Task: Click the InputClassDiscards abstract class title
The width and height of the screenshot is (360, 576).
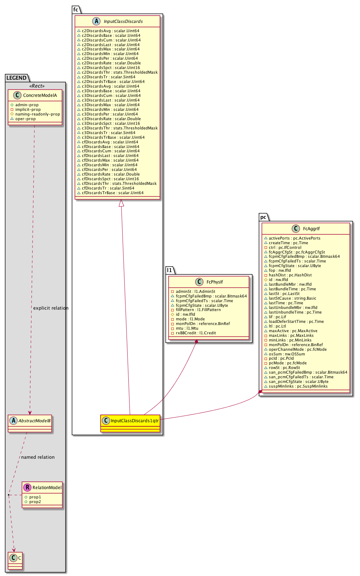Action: (x=123, y=21)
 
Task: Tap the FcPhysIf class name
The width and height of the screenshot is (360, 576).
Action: (x=214, y=282)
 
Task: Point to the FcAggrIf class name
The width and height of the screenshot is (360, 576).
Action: (x=311, y=229)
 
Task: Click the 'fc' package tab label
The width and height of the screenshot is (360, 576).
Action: (x=76, y=10)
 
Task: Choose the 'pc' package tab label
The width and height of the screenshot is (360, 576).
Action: (x=263, y=217)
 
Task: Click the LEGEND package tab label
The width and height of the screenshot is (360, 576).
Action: (x=16, y=78)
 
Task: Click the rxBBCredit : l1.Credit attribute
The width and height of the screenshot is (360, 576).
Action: (x=196, y=333)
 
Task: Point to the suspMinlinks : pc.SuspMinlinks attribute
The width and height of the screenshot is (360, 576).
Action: (x=298, y=386)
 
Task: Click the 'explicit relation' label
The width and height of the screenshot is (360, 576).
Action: (x=51, y=308)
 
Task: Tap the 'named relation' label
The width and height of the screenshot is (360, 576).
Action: (x=38, y=457)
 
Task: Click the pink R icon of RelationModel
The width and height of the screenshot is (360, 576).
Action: (x=27, y=487)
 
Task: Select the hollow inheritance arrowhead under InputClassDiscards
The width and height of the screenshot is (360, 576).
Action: (x=122, y=203)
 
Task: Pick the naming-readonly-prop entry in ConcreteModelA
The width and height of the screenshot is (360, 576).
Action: (x=38, y=114)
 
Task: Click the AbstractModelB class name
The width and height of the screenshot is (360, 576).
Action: (x=35, y=421)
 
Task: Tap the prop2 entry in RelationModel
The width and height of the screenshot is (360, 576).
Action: (x=35, y=502)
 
